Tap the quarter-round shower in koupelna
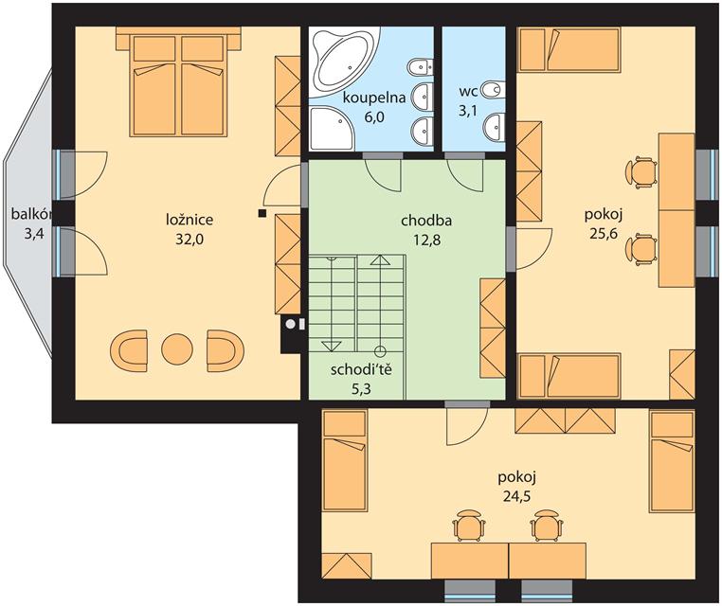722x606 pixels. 330,129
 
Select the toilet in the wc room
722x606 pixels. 493,90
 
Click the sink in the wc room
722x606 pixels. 495,125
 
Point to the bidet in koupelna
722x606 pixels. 420,67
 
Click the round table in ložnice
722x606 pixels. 177,350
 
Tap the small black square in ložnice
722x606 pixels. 262,213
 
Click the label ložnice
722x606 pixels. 190,220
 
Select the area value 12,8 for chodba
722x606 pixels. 426,240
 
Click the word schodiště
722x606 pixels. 361,369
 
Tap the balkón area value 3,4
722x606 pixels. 34,234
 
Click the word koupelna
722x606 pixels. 374,98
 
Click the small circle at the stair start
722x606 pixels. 380,352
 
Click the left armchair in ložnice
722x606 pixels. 129,350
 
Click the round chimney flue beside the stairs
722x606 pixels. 291,324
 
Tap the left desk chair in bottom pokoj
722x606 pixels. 469,525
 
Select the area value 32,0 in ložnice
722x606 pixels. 190,240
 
